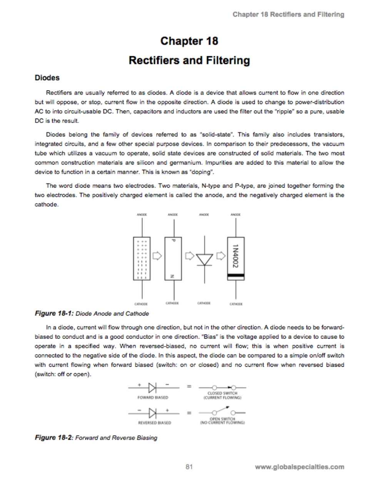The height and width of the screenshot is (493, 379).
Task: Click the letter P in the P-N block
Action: point(173,240)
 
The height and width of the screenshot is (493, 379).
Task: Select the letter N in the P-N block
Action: point(173,276)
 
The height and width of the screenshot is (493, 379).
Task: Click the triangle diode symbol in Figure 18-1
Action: point(204,260)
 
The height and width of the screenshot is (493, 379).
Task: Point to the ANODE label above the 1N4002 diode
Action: point(235,214)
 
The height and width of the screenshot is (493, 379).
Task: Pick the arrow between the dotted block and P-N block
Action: point(157,256)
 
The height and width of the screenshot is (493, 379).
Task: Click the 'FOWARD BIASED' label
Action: point(153,397)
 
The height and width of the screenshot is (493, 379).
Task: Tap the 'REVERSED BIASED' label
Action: point(154,423)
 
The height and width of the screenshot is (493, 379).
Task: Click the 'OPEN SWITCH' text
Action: point(222,419)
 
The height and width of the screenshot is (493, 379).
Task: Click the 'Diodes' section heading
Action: point(47,78)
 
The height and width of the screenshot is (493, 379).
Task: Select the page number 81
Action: point(189,467)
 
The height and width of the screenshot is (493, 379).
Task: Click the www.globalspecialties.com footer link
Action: point(299,467)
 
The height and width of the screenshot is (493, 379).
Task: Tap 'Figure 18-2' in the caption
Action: point(54,438)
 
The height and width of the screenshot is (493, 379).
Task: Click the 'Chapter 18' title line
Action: point(189,41)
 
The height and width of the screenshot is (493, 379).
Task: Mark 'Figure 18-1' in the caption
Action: point(54,313)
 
